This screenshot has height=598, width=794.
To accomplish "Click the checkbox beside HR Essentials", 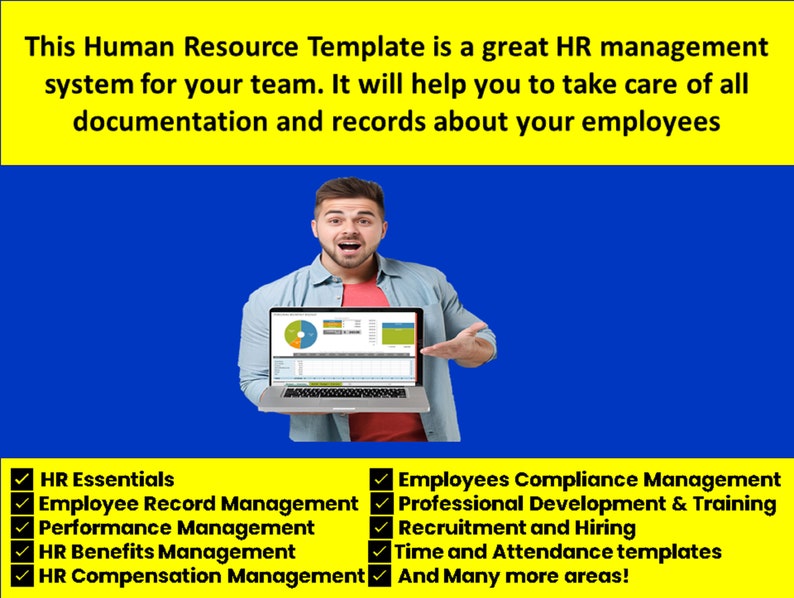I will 21,481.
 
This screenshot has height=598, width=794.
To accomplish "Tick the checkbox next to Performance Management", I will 21,528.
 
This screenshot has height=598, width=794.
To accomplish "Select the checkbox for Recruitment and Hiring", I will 380,528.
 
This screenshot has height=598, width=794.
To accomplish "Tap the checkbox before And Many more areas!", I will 380,576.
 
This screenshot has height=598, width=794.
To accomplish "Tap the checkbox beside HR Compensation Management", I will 21,576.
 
